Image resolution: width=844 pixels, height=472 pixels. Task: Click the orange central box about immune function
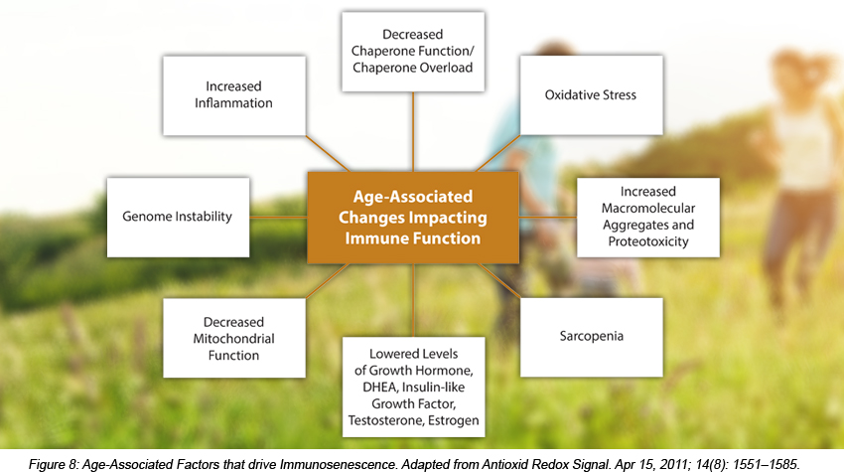tap(413, 218)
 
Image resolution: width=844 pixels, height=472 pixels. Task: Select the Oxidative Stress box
tap(592, 95)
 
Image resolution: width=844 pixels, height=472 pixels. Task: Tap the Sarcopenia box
tap(592, 337)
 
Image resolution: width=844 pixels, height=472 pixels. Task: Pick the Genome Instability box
tap(178, 218)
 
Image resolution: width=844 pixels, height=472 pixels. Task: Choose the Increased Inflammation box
tap(234, 96)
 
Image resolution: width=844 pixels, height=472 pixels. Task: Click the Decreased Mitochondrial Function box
tap(234, 339)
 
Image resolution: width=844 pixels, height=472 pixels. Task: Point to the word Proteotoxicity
tap(648, 241)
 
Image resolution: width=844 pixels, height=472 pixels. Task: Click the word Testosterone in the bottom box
tap(378, 420)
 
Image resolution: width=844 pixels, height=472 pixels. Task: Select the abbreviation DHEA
tap(379, 387)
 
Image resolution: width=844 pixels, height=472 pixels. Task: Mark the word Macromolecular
tap(648, 208)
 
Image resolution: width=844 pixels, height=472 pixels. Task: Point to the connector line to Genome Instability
tap(278, 218)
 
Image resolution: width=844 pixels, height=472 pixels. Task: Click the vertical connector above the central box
tap(413, 132)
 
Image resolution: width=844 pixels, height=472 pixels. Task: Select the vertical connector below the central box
tap(413, 300)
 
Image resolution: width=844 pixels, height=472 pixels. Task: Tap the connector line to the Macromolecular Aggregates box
tap(548, 218)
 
